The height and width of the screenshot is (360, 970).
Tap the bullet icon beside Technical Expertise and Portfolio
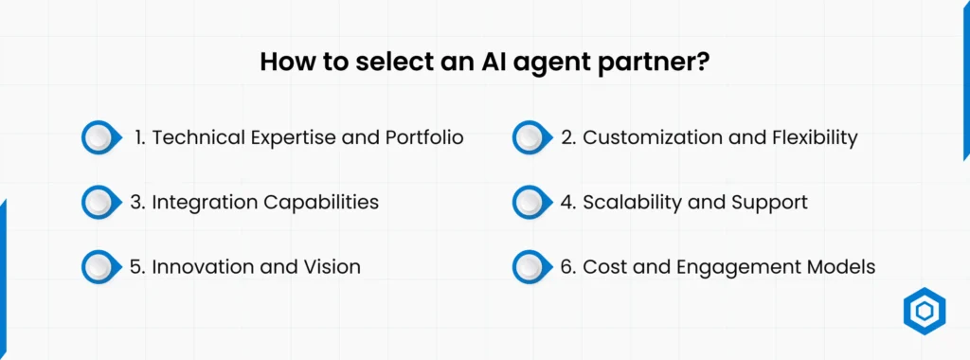(x=99, y=137)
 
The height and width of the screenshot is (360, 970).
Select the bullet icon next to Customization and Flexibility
(x=530, y=137)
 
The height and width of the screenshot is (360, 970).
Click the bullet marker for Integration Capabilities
(x=99, y=202)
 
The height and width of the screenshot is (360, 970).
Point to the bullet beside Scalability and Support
(x=530, y=202)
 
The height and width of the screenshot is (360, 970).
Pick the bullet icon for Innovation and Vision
(x=99, y=267)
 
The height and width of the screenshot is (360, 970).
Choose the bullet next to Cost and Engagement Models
(x=530, y=267)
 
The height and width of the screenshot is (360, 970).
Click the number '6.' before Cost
(x=568, y=267)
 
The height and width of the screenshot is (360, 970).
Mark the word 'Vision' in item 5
(x=331, y=267)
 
